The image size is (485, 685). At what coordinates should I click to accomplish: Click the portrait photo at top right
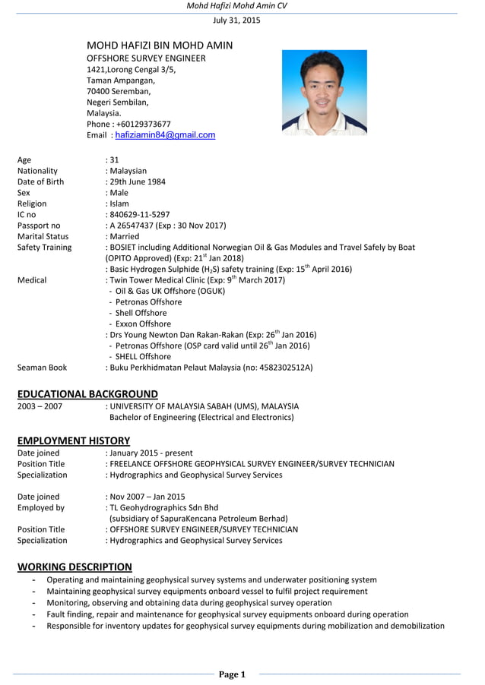324,93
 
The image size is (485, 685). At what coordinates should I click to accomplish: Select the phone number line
128,124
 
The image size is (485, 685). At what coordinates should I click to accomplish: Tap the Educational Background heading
87,393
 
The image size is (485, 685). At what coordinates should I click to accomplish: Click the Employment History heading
74,440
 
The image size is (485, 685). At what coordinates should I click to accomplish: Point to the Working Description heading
74,567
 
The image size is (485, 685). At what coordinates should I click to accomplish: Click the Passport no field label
39,226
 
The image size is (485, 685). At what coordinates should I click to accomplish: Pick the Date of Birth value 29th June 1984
136,182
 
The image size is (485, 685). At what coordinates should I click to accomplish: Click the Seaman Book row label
42,368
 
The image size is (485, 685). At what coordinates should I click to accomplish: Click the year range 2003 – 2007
40,406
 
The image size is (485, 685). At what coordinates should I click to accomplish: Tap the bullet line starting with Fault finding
227,614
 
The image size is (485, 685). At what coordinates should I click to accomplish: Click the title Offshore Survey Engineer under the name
146,58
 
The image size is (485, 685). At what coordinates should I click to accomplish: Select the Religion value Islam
119,204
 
